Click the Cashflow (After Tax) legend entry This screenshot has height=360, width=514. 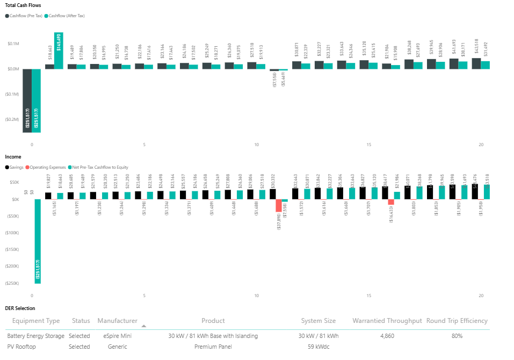(x=67, y=16)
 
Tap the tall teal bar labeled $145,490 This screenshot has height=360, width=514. (x=59, y=51)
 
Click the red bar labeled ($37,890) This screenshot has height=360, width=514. (x=278, y=206)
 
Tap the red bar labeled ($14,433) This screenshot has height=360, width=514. (x=391, y=202)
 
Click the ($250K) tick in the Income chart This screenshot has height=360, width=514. (x=12, y=283)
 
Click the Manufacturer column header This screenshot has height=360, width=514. (x=118, y=321)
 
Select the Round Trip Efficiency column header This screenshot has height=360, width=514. (x=457, y=321)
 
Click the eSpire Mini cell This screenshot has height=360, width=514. (x=118, y=336)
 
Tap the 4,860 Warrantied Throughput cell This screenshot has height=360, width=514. (x=387, y=336)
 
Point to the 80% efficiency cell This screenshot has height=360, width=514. (x=457, y=336)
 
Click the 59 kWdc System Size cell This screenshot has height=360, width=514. (x=318, y=347)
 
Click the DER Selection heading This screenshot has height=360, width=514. (x=20, y=308)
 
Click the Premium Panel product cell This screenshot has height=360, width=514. (x=213, y=347)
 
